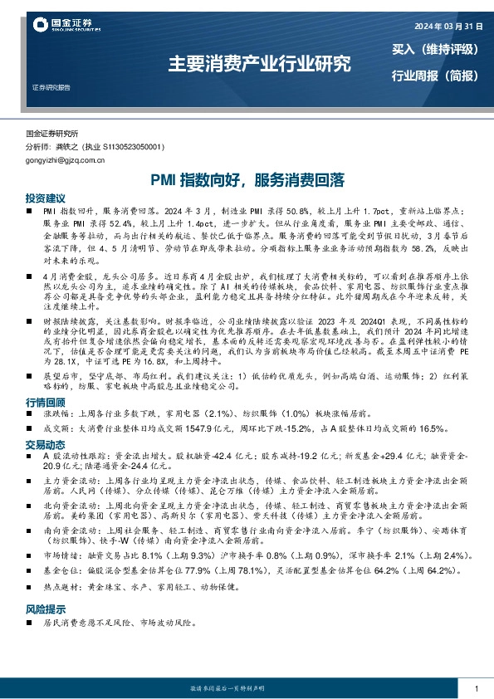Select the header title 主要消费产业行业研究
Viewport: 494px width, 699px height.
click(259, 63)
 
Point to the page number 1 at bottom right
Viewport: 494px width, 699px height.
click(476, 690)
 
